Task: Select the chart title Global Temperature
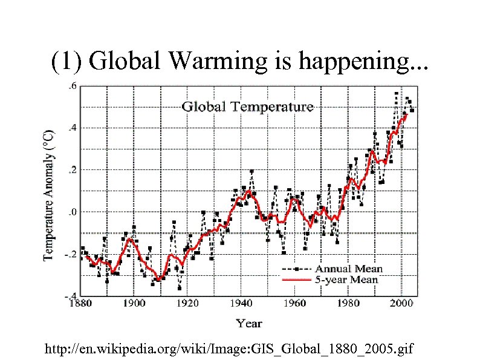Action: click(248, 107)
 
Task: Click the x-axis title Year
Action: click(249, 323)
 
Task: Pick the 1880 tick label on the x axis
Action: click(80, 303)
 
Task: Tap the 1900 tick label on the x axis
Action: click(134, 303)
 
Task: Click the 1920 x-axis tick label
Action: click(187, 303)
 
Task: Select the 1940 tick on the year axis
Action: click(241, 303)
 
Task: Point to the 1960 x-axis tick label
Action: click(295, 303)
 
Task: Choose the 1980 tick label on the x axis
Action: click(349, 303)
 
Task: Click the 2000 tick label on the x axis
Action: click(402, 303)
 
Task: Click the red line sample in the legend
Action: click(296, 280)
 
